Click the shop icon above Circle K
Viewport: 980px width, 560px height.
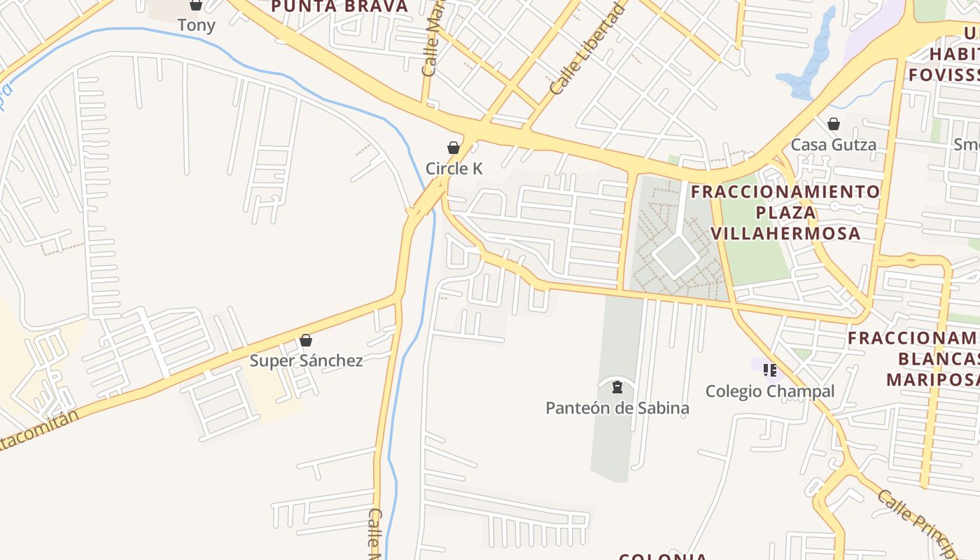pos(454,148)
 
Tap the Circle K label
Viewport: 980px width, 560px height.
pos(454,169)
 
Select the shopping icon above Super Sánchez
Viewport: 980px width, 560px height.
pos(306,341)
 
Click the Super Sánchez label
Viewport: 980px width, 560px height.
pos(307,360)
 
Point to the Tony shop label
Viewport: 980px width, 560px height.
pos(196,25)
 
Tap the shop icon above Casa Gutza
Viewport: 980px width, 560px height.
pos(834,124)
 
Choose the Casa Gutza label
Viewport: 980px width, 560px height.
pos(833,145)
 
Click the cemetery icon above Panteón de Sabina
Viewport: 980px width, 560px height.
pos(617,386)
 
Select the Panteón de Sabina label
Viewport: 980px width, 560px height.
pos(617,408)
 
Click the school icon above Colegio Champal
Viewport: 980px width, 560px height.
pos(770,370)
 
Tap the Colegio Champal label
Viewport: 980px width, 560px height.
pos(770,391)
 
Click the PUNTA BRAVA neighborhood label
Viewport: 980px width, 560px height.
pos(339,7)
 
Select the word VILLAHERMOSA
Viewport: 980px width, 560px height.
pos(786,233)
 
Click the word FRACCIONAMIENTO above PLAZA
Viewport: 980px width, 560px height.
pos(785,192)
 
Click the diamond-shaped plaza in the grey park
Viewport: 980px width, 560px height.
pos(675,255)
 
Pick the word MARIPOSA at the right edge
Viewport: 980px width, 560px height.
pos(932,379)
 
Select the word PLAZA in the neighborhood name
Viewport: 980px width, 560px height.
pos(786,212)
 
